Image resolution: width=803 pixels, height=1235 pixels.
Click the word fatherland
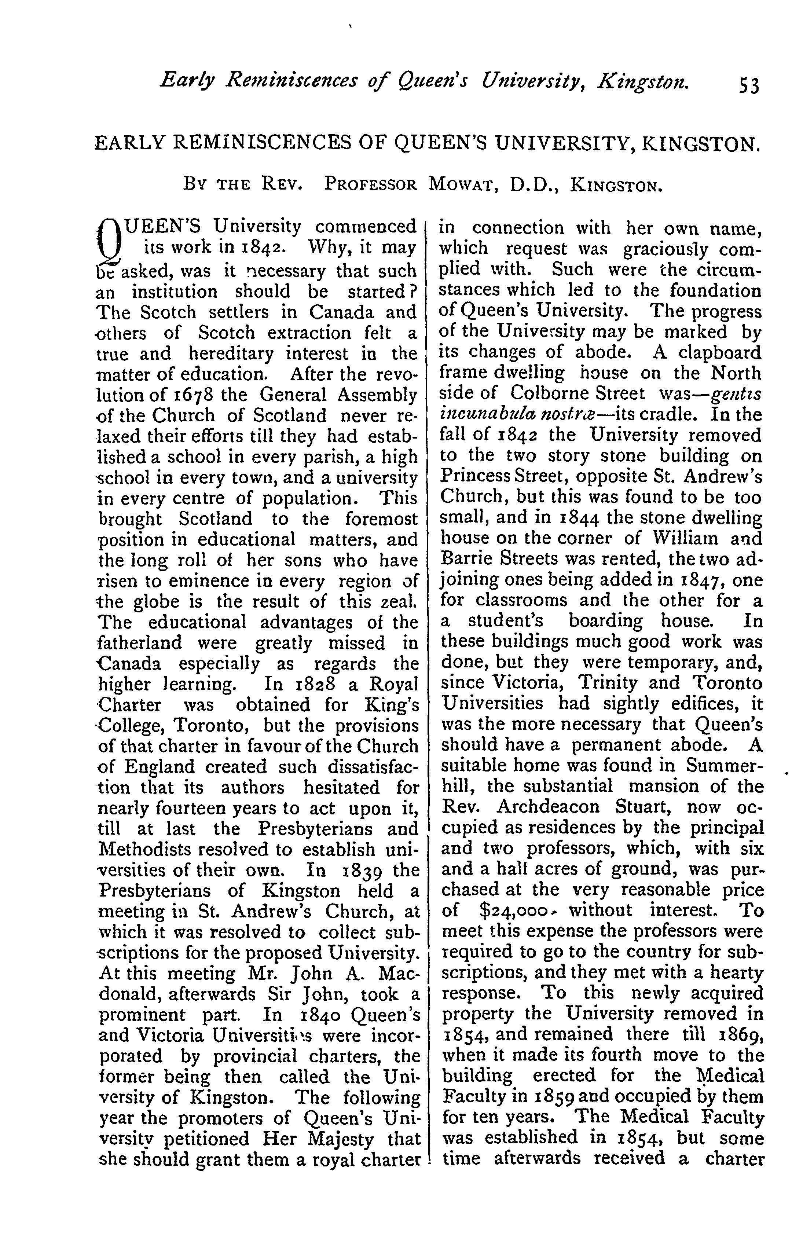tap(140, 643)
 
